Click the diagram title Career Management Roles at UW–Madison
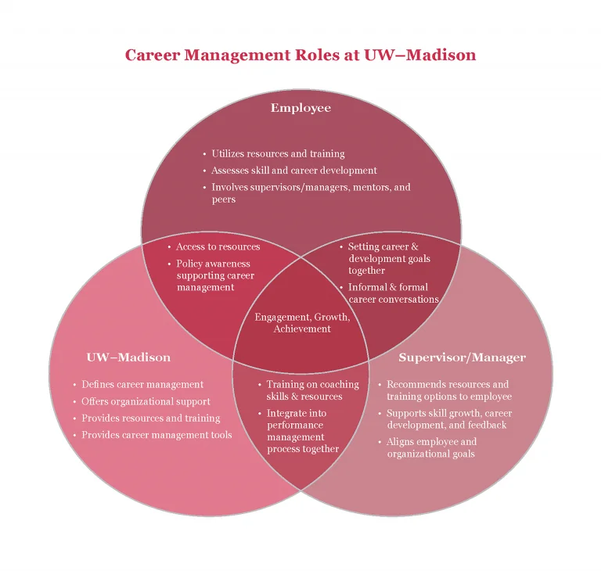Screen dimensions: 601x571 (300, 55)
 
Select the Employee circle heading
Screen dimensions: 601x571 (300, 108)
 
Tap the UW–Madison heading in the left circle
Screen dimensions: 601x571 (128, 357)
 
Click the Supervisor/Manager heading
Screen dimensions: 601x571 (462, 357)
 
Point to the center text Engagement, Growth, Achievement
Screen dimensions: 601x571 (302, 323)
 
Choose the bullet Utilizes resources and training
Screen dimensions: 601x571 (278, 153)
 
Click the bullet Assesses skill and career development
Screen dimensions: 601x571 (294, 171)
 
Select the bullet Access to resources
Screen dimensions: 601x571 (218, 246)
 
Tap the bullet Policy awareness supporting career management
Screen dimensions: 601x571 (215, 275)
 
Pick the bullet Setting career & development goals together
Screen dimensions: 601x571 (389, 258)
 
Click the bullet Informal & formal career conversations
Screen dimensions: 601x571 (394, 293)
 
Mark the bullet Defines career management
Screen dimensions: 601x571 (142, 384)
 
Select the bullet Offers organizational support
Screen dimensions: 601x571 (146, 401)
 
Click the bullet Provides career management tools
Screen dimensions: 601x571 (157, 435)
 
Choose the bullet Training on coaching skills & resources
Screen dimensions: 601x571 (313, 390)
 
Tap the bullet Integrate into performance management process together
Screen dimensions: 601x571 (303, 431)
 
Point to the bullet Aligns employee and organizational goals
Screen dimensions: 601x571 (432, 447)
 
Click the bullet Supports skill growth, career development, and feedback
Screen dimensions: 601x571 (449, 418)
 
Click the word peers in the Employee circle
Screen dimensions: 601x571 (224, 199)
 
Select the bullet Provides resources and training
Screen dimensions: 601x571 (150, 418)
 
